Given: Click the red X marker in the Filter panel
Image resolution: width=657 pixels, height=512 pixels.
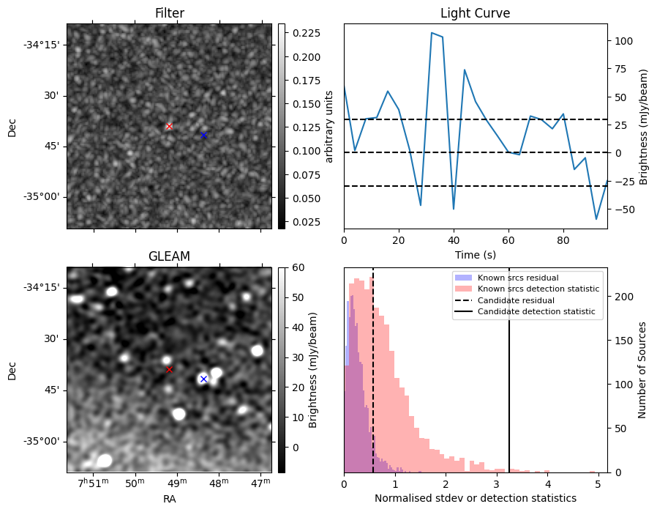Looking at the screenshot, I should pos(169,126).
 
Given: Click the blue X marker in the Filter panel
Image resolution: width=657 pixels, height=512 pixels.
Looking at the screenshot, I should pos(203,136).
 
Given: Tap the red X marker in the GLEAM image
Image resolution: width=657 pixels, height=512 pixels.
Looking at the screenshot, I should pos(169,369).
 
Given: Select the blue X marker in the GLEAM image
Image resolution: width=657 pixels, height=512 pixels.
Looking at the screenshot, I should pos(203,379).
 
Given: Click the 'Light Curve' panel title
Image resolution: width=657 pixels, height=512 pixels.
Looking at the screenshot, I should pos(475,13).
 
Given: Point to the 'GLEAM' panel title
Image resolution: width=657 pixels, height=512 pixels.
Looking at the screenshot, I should pos(169,256).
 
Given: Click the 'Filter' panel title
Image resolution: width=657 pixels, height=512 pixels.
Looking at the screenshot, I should pos(169,13).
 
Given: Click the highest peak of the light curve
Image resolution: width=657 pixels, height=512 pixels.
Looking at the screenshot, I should pos(432,33).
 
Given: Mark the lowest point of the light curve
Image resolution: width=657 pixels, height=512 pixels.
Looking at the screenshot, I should pos(596,219).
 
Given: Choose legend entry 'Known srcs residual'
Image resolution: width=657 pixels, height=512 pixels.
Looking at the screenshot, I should pos(518,278).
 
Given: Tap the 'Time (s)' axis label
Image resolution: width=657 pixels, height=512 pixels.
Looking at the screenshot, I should pos(475,253).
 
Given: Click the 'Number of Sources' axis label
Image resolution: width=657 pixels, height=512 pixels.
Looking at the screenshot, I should pos(642,369).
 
